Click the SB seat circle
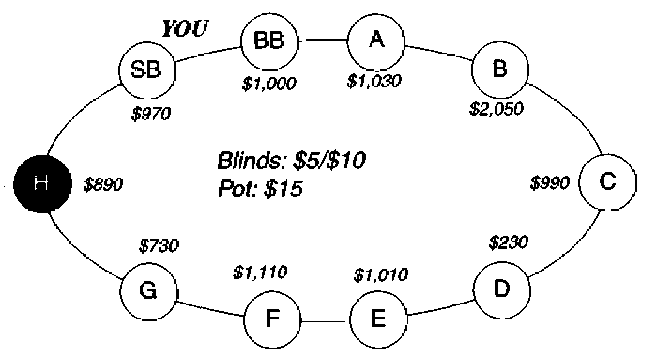pos(147,70)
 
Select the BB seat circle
pos(269,42)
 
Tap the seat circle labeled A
pos(376,42)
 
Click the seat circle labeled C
pos(608,183)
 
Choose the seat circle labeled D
pos(501,290)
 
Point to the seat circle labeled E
pos(379,320)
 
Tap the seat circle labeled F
pos(272,320)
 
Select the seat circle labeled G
pos(148,292)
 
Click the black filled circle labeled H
pos(42,184)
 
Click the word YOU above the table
pos(185,28)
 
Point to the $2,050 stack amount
pos(496,109)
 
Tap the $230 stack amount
pos(509,242)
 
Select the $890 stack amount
pos(103,185)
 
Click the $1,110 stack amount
pos(260,273)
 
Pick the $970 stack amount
pos(151,114)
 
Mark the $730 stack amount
pos(159,246)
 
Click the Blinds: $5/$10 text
pos(291,161)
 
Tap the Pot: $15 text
pos(260,189)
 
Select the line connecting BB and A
pos(323,41)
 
